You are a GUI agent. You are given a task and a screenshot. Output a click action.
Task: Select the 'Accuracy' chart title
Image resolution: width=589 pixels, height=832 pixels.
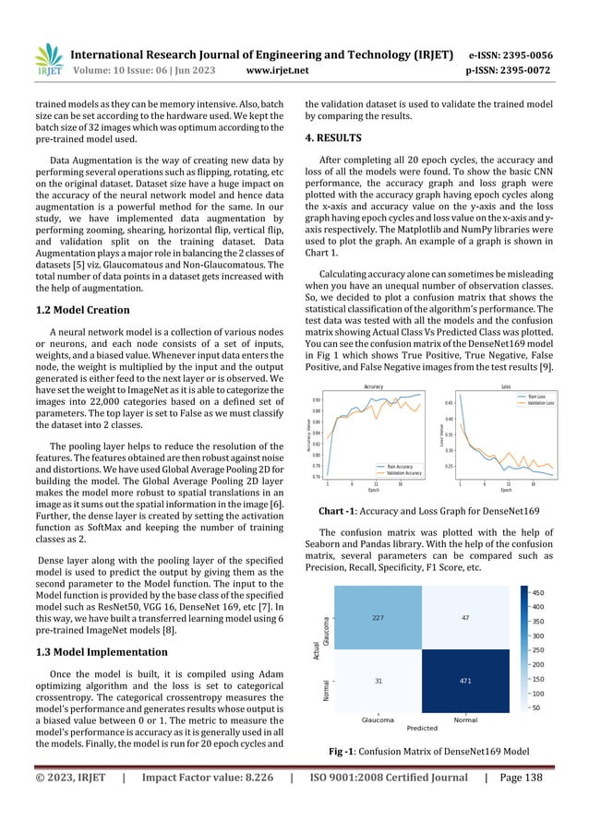[375, 386]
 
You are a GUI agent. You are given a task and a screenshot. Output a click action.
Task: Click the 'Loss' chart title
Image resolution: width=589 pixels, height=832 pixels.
[506, 386]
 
